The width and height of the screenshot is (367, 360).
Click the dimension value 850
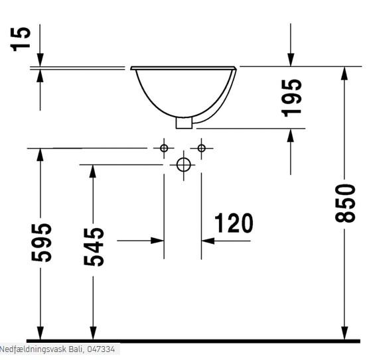345,203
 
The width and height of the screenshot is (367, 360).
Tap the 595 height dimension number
41,243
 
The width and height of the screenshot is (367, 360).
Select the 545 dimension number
94,247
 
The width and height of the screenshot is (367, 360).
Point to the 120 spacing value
234,223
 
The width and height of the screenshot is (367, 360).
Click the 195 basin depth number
291,98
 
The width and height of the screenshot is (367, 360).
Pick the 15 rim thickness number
21,39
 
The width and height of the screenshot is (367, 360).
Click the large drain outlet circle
184,165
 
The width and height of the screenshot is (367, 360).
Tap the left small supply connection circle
164,148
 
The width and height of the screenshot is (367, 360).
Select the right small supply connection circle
202,148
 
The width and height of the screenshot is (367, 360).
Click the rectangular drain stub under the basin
184,123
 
